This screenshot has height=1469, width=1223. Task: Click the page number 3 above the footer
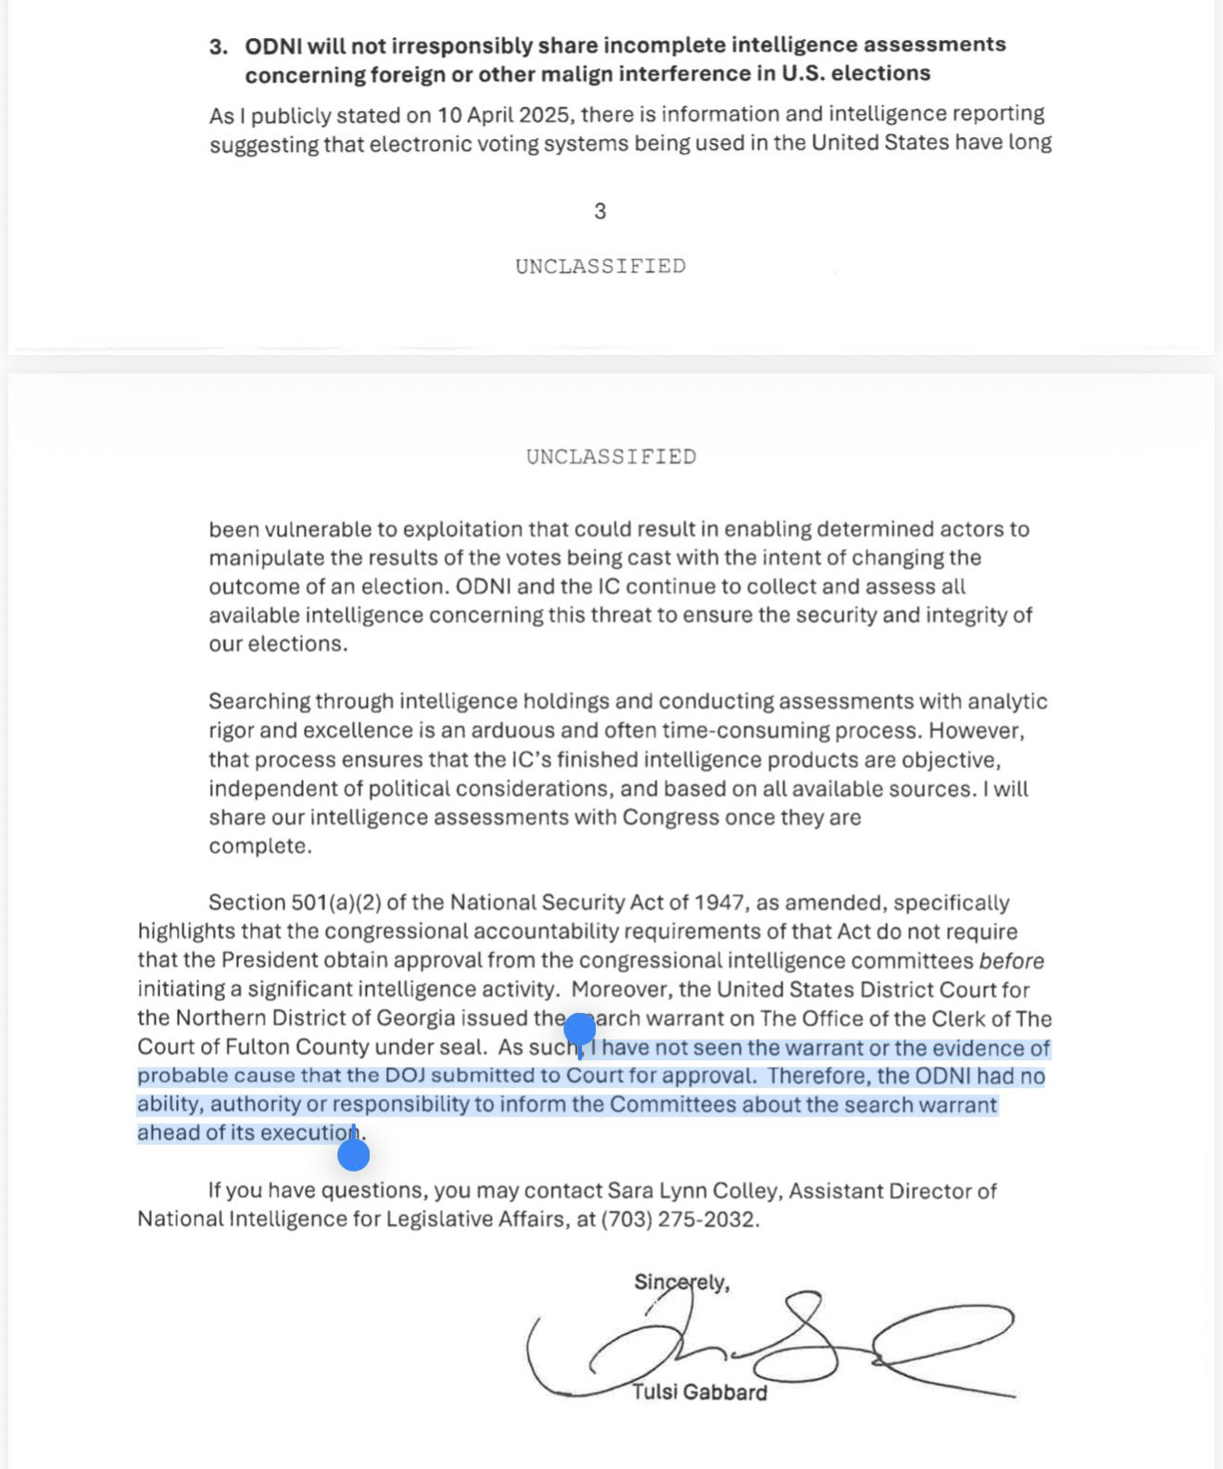pyautogui.click(x=600, y=211)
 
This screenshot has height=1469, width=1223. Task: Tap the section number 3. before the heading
pyautogui.click(x=218, y=46)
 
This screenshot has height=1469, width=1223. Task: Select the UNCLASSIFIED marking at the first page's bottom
pyautogui.click(x=600, y=267)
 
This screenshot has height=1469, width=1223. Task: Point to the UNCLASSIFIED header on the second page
pyautogui.click(x=611, y=457)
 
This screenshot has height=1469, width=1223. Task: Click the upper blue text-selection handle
pyautogui.click(x=580, y=1030)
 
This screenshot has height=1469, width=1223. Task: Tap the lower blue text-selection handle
pyautogui.click(x=354, y=1155)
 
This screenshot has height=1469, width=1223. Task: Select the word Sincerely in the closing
pyautogui.click(x=679, y=1283)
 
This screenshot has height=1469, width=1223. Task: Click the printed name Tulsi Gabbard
pyautogui.click(x=700, y=1393)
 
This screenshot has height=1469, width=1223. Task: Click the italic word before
pyautogui.click(x=1012, y=961)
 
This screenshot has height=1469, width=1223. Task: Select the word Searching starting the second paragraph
pyautogui.click(x=259, y=702)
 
